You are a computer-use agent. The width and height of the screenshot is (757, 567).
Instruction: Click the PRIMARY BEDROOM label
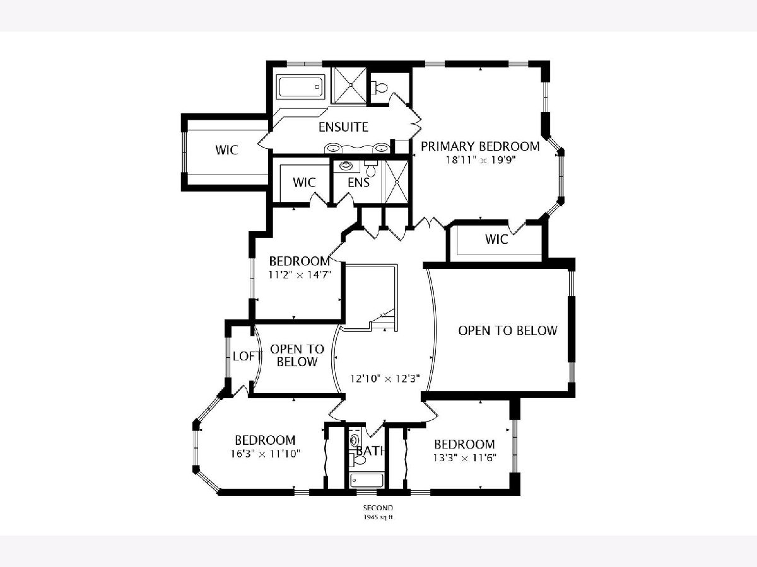[x=480, y=146]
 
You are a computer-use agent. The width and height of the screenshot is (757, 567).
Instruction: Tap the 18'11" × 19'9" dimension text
[x=481, y=160]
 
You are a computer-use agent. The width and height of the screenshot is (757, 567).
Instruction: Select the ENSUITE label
[x=343, y=127]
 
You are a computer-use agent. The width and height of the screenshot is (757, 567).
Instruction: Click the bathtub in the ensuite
[x=301, y=87]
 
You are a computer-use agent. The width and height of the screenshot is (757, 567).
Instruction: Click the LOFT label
[x=247, y=356]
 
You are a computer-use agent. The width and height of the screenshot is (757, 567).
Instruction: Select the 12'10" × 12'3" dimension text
[x=385, y=379]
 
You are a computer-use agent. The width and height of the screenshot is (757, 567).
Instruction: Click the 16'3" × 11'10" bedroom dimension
[x=265, y=454]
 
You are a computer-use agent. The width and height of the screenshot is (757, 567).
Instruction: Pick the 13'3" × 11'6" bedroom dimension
[x=464, y=458]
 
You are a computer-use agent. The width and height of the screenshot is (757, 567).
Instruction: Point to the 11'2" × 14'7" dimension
[x=300, y=275]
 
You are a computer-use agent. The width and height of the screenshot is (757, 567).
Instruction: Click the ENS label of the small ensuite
[x=359, y=182]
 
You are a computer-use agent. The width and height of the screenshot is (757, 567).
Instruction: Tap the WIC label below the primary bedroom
[x=496, y=239]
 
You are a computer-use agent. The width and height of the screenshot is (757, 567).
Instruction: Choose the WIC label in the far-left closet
[x=226, y=150]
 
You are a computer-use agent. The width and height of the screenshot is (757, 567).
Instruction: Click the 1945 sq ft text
[x=378, y=517]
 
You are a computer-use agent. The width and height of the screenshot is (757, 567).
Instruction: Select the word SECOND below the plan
[x=378, y=508]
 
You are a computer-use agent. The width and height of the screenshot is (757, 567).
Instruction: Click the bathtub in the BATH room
[x=367, y=480]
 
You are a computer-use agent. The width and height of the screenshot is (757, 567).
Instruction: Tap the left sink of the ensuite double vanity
[x=333, y=149]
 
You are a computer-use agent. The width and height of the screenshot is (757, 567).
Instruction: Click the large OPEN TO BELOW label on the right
[x=508, y=331]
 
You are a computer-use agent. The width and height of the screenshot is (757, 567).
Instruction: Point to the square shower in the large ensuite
[x=349, y=86]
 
